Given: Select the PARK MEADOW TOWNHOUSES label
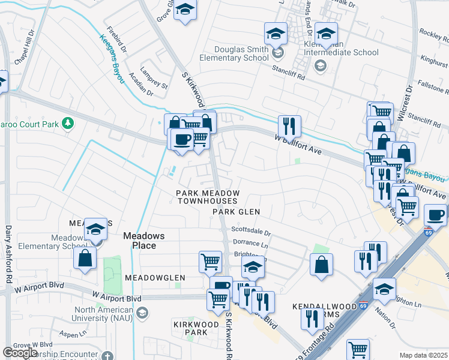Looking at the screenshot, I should (x=206, y=197).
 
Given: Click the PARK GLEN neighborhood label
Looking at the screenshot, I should (x=237, y=212).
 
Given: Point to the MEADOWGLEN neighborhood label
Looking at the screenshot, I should (x=155, y=278).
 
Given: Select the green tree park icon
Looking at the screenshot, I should (x=68, y=123).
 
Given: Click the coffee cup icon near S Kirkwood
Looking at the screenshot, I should (x=182, y=140).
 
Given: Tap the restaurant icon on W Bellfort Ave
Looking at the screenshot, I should (x=289, y=126).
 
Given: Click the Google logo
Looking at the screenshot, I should (x=20, y=353).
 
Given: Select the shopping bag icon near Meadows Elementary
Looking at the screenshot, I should (x=85, y=258).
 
